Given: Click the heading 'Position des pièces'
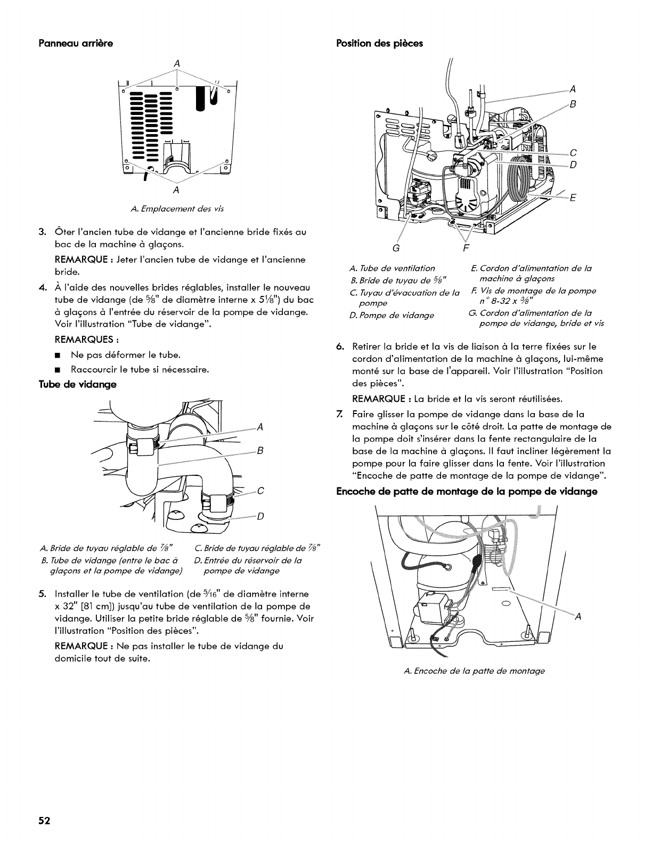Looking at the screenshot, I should coord(379,43).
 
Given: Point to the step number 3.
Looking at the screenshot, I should coord(41,232).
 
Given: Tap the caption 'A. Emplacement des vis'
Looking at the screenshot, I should coord(177,209).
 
